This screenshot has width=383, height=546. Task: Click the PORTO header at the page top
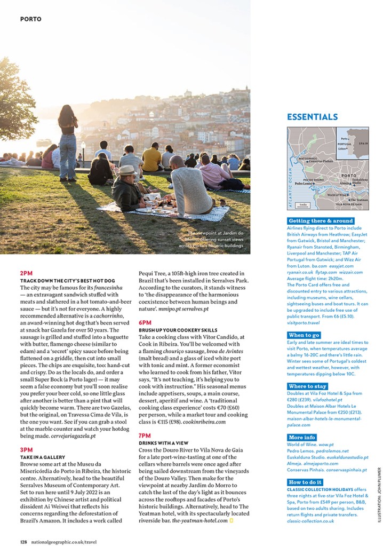[30, 19]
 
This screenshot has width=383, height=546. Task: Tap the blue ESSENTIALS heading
[312, 117]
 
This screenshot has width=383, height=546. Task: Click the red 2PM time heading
[26, 273]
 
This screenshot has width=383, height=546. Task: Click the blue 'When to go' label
[304, 335]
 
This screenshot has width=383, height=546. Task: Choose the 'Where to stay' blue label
[307, 386]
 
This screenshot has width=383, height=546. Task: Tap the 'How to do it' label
[306, 482]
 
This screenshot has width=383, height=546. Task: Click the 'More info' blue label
[302, 438]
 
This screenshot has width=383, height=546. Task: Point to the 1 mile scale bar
[302, 205]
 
